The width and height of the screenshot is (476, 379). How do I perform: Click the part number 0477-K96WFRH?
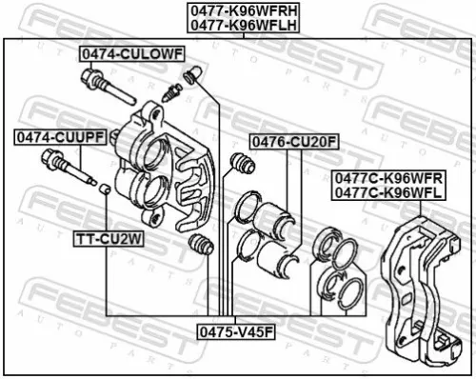[x=229, y=12]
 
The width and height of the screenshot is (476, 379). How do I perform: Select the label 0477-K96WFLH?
[x=229, y=27]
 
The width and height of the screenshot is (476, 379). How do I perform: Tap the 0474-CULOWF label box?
[x=130, y=54]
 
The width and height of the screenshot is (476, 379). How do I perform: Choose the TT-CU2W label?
[x=109, y=240]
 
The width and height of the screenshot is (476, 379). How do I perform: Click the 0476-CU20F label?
[x=293, y=143]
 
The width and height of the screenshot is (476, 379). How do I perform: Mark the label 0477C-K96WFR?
[x=387, y=177]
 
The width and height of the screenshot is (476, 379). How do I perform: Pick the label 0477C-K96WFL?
[x=387, y=191]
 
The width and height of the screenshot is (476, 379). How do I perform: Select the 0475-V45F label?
[x=235, y=332]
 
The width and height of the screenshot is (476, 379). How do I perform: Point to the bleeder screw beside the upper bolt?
[x=172, y=91]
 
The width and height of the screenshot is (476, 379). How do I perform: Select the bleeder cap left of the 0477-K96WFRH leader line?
[x=192, y=73]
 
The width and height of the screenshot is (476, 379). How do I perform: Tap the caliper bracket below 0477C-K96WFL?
[x=419, y=286]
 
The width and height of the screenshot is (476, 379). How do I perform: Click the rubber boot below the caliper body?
[x=199, y=244]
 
